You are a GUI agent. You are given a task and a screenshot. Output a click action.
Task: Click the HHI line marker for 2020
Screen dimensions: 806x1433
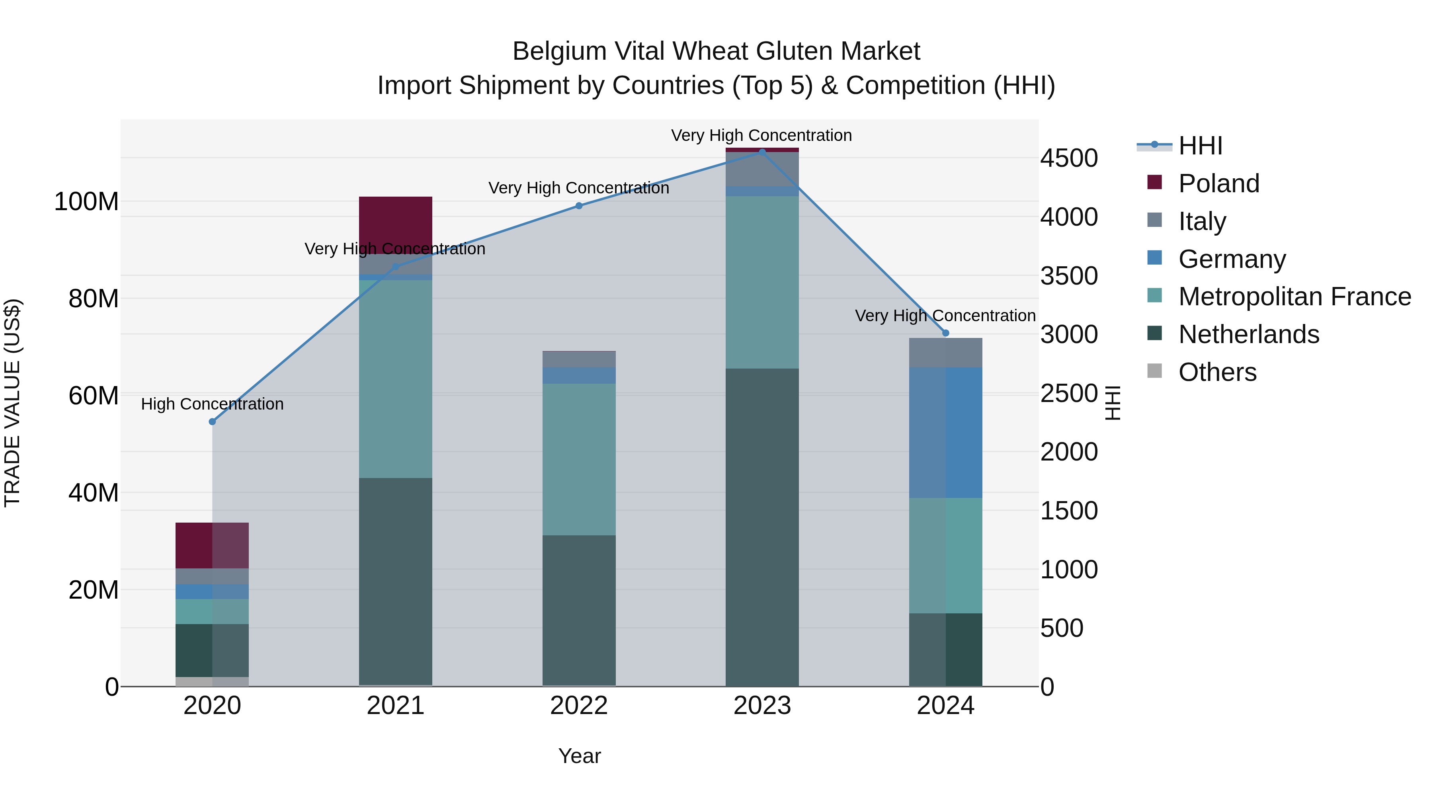coord(212,422)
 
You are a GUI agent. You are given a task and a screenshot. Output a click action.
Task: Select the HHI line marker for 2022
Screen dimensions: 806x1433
coord(578,206)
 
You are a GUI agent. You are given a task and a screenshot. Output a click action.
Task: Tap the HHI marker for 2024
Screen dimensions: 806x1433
coord(946,333)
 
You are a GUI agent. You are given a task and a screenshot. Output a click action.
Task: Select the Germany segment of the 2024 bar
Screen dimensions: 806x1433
coord(946,432)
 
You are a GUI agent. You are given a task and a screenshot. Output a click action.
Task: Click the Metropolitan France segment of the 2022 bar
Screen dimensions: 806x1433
coord(578,459)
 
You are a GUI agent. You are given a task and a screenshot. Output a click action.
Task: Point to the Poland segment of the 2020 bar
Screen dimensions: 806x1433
coord(212,545)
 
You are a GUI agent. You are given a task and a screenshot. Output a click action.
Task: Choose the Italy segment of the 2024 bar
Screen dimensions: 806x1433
coord(946,353)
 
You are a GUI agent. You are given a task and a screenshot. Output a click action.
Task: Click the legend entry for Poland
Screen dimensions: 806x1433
coord(1218,183)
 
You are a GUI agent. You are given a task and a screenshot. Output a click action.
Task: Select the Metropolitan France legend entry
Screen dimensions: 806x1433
coord(1294,297)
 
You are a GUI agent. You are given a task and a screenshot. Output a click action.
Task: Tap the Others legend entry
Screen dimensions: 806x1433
coord(1217,372)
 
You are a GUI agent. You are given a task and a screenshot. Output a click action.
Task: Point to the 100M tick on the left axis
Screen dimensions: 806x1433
coord(86,201)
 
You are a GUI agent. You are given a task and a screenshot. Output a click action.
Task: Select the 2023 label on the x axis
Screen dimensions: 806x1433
coord(762,706)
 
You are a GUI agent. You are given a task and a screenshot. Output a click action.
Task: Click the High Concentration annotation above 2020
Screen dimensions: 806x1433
coord(212,404)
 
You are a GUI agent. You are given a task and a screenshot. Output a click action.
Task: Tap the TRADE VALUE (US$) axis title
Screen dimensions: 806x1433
coord(13,403)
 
